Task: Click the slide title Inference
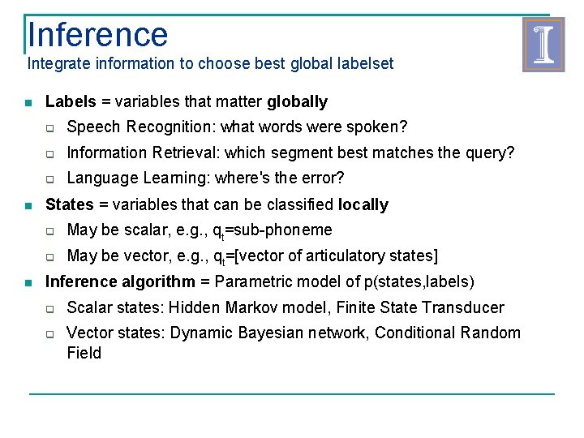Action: [97, 35]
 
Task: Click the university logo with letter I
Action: [543, 45]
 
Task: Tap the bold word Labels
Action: [71, 102]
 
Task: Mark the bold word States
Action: [70, 204]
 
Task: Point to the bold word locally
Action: [363, 204]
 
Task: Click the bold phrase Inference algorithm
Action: [120, 282]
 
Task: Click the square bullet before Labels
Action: [28, 103]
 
